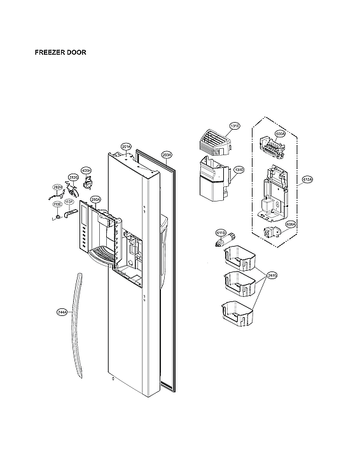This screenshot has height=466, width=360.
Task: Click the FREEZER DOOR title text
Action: pos(60,53)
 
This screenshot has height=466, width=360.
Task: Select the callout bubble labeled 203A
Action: pos(167,154)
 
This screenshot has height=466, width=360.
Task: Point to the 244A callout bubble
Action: pos(62,312)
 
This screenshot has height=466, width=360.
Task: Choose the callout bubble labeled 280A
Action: pos(95,199)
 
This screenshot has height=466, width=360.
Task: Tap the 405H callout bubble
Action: pos(88,170)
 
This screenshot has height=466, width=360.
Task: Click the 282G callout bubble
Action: pos(73,177)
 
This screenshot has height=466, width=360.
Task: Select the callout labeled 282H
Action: pos(57,187)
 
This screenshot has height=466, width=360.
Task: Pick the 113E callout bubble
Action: pos(57,204)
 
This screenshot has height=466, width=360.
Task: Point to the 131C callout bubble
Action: pos(235,127)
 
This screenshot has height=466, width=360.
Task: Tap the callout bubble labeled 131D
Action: pos(239,170)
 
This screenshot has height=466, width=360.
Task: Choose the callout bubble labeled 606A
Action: pos(289,224)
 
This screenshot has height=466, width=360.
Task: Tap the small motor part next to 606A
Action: pos(270,232)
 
